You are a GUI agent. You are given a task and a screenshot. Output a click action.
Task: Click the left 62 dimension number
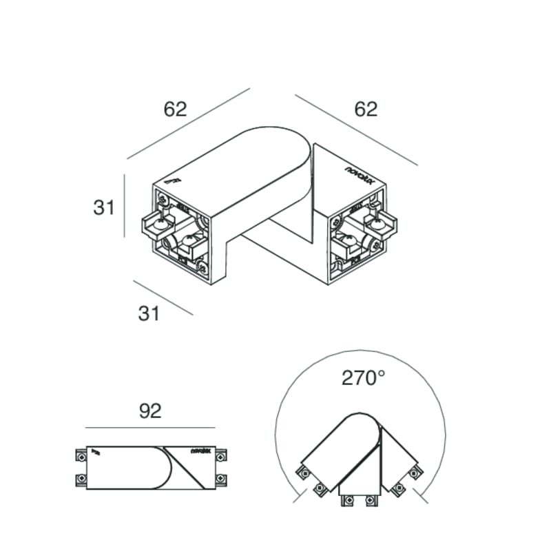(x=175, y=109)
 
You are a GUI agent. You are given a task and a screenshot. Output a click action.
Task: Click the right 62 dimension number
(x=366, y=109)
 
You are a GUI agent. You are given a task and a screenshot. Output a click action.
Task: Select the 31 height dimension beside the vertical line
(x=104, y=207)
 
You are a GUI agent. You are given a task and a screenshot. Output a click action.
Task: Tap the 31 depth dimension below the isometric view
(x=149, y=313)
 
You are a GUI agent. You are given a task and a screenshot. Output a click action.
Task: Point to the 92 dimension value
(x=150, y=411)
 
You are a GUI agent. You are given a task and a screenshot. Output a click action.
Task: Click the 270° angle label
(x=363, y=377)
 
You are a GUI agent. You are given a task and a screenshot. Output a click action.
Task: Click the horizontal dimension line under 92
(x=150, y=427)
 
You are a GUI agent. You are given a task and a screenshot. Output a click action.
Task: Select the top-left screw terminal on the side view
(x=80, y=455)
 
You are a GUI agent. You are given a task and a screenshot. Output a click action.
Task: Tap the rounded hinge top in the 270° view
(x=363, y=421)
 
